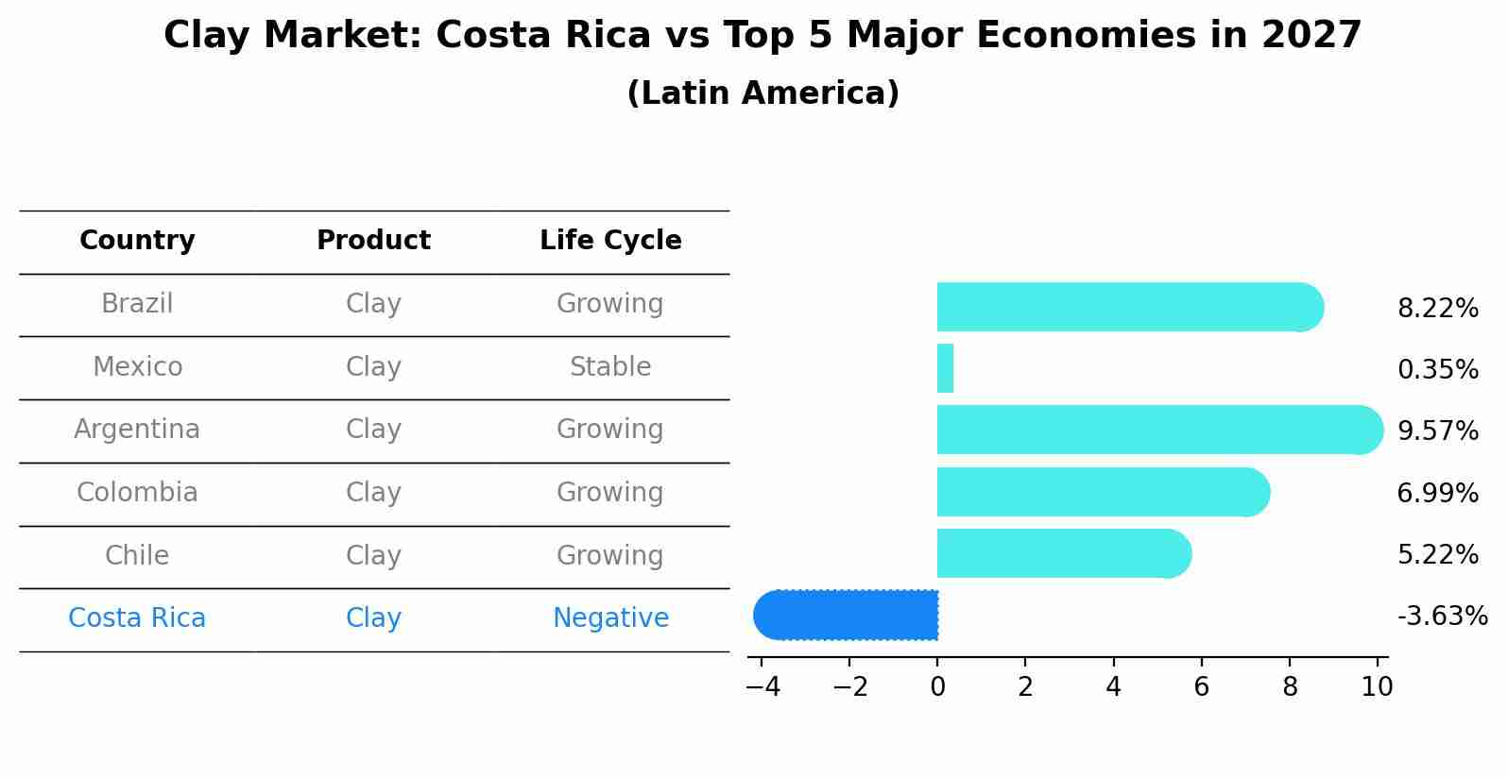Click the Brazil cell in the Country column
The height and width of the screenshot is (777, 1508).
coord(137,304)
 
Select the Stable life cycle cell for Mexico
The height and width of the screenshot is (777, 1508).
coord(610,367)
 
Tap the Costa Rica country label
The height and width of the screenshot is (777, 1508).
coord(137,618)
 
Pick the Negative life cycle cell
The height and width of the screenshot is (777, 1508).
coord(610,618)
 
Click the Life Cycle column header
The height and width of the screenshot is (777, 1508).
coord(610,241)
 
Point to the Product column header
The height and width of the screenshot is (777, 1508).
coord(373,241)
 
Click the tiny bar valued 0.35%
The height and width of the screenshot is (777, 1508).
coord(945,368)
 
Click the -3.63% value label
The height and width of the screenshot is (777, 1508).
coord(1442,617)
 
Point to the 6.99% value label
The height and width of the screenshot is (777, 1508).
coord(1437,493)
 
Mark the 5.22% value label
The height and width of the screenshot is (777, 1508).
coord(1437,554)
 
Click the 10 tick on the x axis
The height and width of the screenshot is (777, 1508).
coord(1377,687)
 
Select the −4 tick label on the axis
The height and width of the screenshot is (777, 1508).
coord(763,687)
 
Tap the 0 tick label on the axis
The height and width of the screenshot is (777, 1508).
coord(937,687)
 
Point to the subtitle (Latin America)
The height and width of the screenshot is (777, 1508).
coord(763,93)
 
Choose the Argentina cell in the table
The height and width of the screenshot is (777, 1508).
coord(137,430)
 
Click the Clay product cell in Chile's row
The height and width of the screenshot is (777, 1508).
coord(373,556)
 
